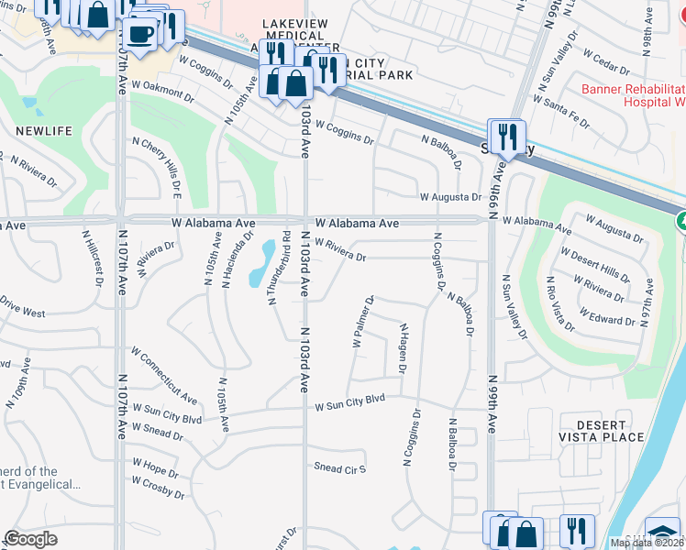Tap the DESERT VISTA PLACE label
tap(603, 432)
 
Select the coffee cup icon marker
tap(139, 35)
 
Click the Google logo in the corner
tap(31, 538)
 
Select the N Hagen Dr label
tap(402, 349)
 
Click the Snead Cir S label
tap(339, 468)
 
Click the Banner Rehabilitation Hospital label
tap(634, 95)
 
